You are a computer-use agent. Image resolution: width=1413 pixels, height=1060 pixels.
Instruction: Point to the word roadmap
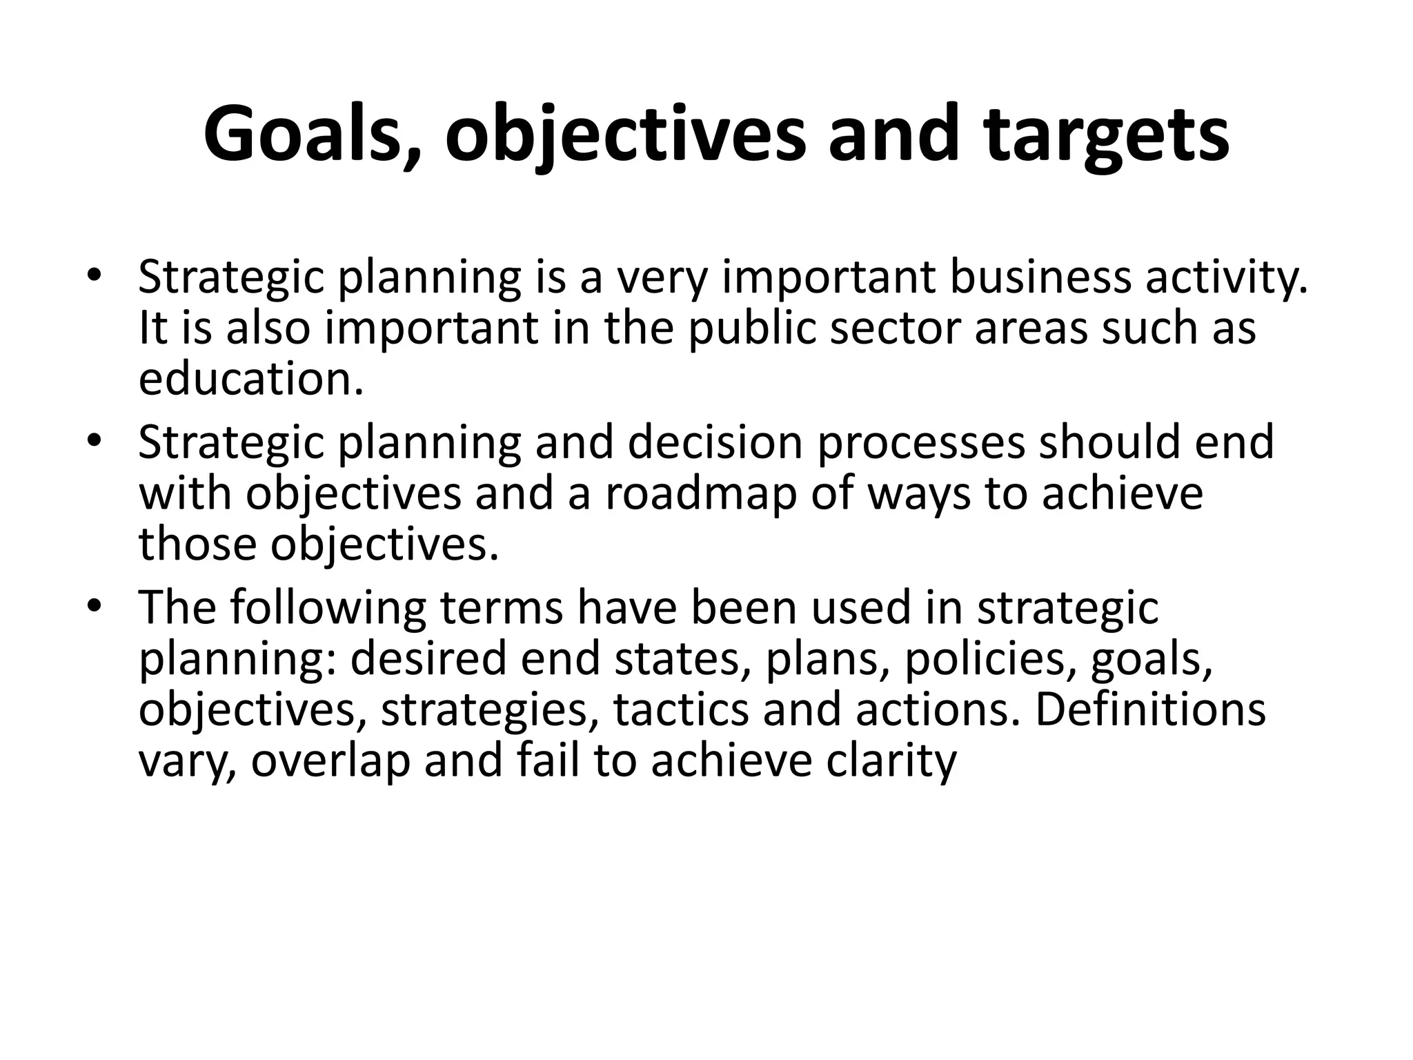tap(700, 493)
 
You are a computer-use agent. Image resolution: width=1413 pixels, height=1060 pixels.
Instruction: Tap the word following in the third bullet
tap(328, 607)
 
